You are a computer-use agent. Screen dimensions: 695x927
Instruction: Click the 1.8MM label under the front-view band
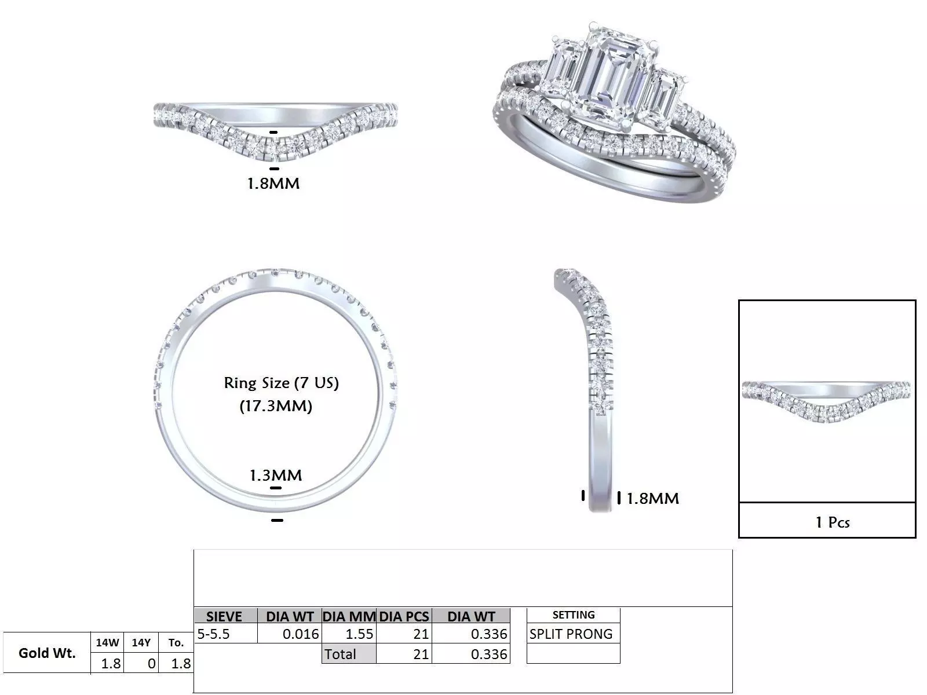pyautogui.click(x=273, y=184)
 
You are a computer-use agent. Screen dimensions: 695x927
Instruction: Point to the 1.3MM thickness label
pyautogui.click(x=276, y=475)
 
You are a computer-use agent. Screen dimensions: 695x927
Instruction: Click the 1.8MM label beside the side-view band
pyautogui.click(x=653, y=498)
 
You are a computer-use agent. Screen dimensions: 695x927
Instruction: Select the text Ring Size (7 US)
pyautogui.click(x=281, y=383)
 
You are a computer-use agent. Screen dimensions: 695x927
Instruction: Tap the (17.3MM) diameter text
pyautogui.click(x=276, y=406)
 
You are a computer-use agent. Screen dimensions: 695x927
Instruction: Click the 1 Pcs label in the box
pyautogui.click(x=832, y=522)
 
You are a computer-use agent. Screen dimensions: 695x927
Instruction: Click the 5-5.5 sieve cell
pyautogui.click(x=214, y=634)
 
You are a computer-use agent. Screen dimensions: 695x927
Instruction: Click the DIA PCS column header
pyautogui.click(x=404, y=616)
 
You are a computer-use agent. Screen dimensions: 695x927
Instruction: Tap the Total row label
pyautogui.click(x=341, y=654)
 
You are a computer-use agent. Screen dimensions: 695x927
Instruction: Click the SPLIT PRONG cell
pyautogui.click(x=571, y=634)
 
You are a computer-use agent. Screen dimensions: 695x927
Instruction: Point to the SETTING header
pyautogui.click(x=573, y=615)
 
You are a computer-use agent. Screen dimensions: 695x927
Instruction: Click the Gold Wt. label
pyautogui.click(x=47, y=653)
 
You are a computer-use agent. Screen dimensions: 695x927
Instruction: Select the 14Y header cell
pyautogui.click(x=141, y=642)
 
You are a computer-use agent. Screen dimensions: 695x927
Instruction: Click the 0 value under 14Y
pyautogui.click(x=151, y=664)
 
